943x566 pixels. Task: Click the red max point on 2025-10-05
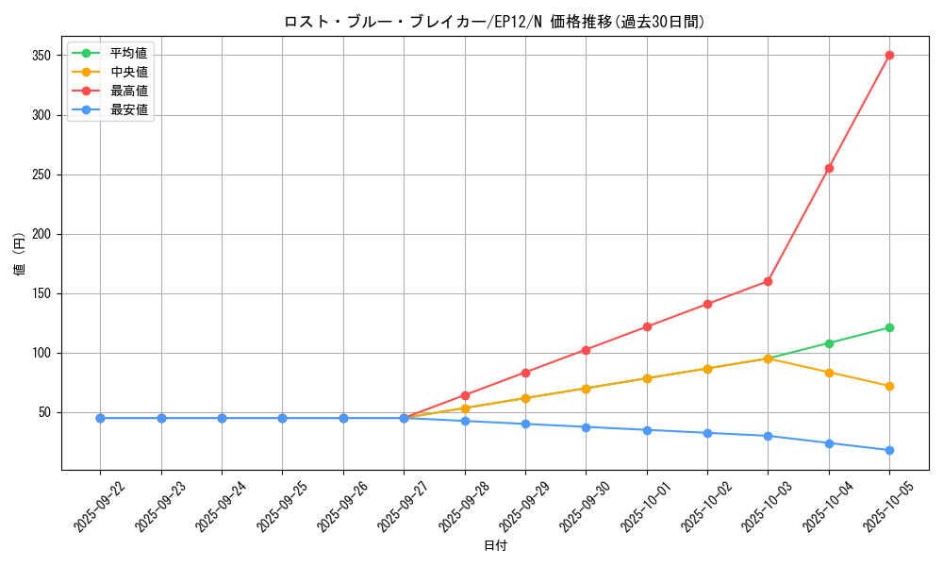coord(889,56)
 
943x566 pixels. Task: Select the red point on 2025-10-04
coord(829,168)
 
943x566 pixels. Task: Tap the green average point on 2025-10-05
coord(889,327)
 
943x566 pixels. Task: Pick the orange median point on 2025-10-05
coord(889,386)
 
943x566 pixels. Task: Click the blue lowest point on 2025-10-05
coord(889,450)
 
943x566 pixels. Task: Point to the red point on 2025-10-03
coord(768,281)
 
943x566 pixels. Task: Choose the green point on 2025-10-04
coord(829,343)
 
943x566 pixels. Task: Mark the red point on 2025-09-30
coord(586,350)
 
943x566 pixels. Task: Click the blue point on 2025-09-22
coord(100,418)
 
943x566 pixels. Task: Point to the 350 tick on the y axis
coord(42,56)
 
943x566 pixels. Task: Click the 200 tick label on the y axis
coord(42,234)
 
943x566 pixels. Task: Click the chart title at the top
coord(494,22)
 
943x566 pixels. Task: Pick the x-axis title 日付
coord(495,546)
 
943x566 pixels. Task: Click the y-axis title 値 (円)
coord(20,254)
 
